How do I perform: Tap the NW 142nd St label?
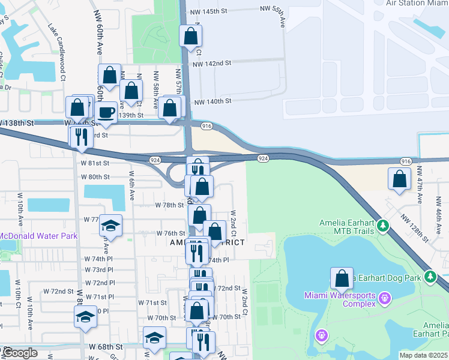tap(212, 63)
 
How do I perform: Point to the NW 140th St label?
tap(212, 102)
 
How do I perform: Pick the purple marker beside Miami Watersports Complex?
tap(384, 298)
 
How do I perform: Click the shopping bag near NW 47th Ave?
tap(399, 178)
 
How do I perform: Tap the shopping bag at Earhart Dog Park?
tap(342, 278)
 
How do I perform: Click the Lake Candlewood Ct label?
tap(58, 52)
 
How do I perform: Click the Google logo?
tap(20, 353)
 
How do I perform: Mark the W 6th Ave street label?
tap(131, 182)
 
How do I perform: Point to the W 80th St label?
tap(95, 177)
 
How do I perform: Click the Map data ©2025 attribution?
tap(423, 355)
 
